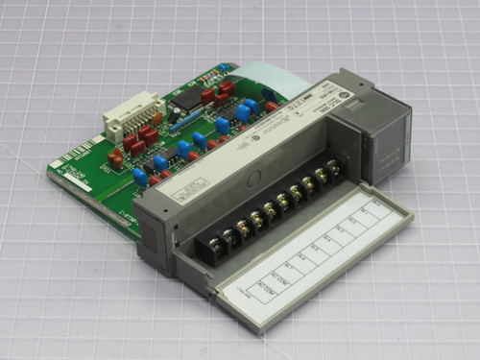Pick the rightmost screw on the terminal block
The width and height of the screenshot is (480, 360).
pyautogui.click(x=333, y=169)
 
